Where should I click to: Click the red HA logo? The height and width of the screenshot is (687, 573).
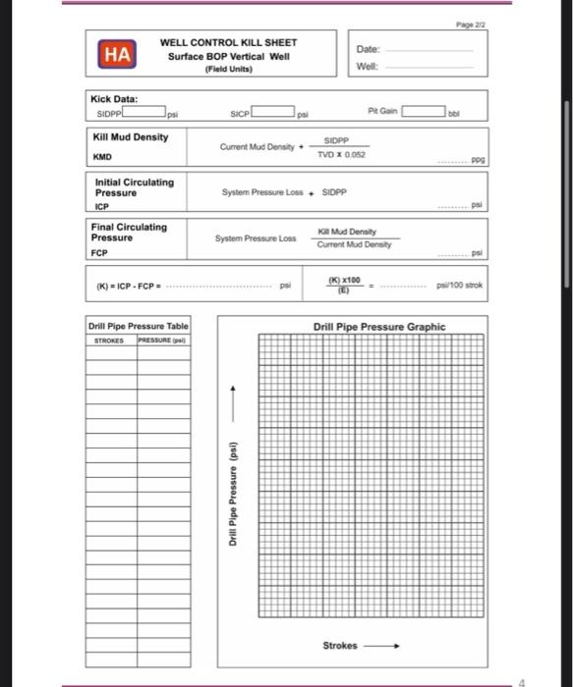[x=116, y=56]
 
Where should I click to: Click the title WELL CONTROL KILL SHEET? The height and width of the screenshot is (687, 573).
[x=228, y=43]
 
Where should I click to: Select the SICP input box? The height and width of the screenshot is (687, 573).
[x=274, y=114]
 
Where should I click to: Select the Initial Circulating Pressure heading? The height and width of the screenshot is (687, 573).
[x=134, y=186]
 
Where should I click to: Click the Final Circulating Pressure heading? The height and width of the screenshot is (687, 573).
[x=129, y=232]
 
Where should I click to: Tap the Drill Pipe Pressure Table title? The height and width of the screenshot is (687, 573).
[x=138, y=326]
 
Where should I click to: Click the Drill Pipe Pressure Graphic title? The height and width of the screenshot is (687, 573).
[x=378, y=327]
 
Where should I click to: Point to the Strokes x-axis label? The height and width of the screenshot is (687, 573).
[x=341, y=646]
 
